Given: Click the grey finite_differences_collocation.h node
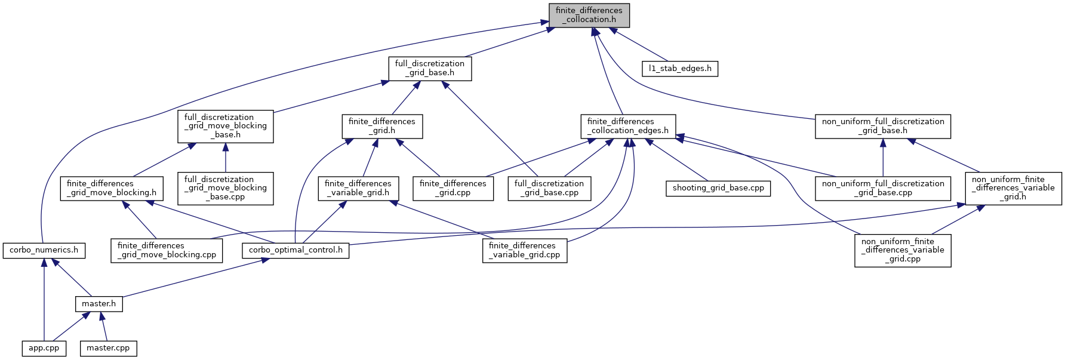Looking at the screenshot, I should click(589, 15).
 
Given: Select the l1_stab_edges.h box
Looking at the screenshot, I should click(680, 69).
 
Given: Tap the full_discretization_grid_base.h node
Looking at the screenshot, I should click(430, 69).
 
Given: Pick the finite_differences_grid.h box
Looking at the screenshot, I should click(382, 126).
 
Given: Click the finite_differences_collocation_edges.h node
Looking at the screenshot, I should click(628, 126).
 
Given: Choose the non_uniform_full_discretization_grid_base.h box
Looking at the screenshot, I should click(883, 126).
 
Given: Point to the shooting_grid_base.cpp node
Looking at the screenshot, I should click(718, 188).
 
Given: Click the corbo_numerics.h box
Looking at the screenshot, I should click(44, 250).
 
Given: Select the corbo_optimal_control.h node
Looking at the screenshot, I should click(296, 250).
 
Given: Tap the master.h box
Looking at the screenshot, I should click(99, 304).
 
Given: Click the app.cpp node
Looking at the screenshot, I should click(44, 348).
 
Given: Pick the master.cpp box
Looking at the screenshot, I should click(108, 348).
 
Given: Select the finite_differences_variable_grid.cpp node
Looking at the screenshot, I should click(525, 250).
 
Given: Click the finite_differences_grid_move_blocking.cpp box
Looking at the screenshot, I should click(167, 250).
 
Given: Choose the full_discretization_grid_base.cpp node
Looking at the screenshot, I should click(549, 188).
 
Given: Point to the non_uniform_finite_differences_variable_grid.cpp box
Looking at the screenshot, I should click(903, 250).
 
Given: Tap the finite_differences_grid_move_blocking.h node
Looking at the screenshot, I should click(112, 188).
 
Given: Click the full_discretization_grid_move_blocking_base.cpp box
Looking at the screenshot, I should click(226, 188).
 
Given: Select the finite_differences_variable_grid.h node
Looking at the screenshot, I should click(358, 188).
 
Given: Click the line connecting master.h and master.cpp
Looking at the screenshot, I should click(104, 327).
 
